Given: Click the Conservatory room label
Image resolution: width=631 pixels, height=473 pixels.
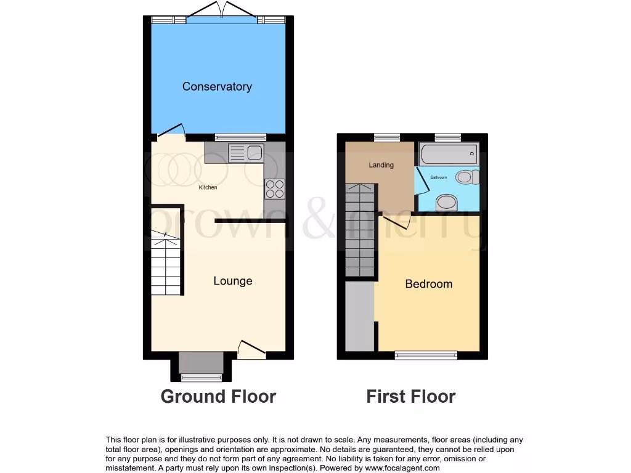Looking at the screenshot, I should click(x=217, y=87).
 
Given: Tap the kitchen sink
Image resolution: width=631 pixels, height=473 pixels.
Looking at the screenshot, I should click(x=246, y=152).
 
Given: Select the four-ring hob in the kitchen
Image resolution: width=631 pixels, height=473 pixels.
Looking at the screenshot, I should click(x=275, y=188).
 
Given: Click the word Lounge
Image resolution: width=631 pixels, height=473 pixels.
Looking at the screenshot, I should click(x=233, y=281).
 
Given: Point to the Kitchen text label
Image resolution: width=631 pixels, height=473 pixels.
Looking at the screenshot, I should click(x=208, y=187).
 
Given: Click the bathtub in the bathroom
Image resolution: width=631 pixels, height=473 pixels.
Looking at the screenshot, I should click(x=448, y=153).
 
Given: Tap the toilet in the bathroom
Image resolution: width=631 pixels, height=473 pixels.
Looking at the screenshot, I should click(x=468, y=177).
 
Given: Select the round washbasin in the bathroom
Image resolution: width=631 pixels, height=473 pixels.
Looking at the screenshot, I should click(x=447, y=203).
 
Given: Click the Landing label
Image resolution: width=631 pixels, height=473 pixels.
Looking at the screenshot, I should click(x=381, y=165).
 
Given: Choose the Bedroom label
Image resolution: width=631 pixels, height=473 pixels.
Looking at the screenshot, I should click(x=428, y=284).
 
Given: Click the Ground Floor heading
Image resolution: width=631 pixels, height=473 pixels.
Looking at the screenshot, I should click(x=218, y=396).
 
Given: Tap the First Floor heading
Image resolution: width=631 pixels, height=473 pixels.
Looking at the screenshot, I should click(x=410, y=396).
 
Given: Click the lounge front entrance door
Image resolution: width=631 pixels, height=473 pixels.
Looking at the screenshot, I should click(x=252, y=350).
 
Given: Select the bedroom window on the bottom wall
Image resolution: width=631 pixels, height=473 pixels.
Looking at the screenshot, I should click(x=426, y=355).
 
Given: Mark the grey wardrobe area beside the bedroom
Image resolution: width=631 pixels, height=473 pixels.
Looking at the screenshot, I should click(x=359, y=316).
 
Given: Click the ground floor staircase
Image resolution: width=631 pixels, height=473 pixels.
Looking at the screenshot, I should click(x=165, y=265).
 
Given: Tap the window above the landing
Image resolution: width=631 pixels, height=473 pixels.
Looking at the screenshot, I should click(x=386, y=137).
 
